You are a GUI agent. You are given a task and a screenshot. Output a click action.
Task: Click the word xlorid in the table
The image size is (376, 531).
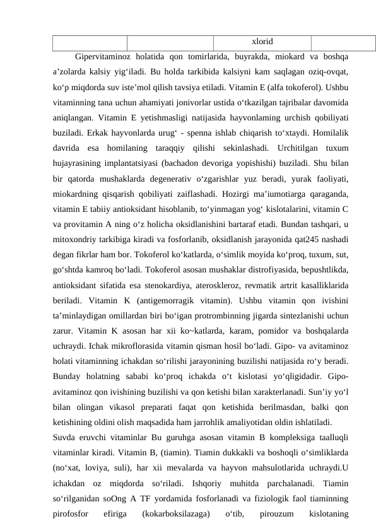262,42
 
